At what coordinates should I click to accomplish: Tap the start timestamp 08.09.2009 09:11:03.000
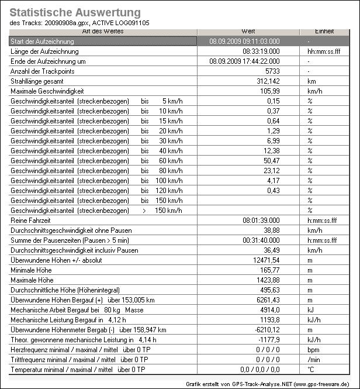pos(244,42)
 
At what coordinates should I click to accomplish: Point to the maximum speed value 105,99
pos(269,91)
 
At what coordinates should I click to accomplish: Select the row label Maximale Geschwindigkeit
pos(47,91)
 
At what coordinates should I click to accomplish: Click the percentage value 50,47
pos(271,160)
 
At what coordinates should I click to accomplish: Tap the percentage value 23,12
pos(271,170)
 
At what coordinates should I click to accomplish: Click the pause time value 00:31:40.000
pos(261,240)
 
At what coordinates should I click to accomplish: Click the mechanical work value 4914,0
pos(269,309)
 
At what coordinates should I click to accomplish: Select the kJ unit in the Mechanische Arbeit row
pos(310,309)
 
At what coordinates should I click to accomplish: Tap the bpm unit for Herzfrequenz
pos(313,349)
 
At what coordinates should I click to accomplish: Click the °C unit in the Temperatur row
pos(311,369)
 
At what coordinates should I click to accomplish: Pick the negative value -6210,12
pos(266,329)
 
